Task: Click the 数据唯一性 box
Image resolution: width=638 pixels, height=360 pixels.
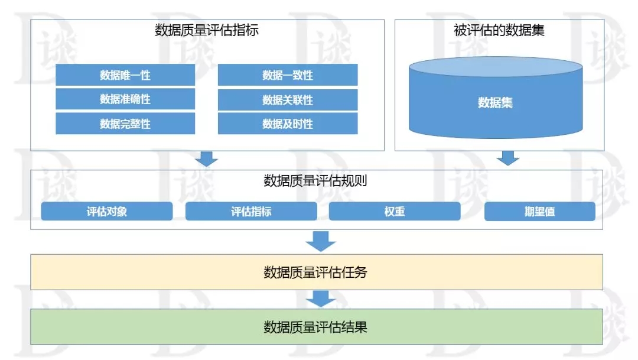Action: point(125,75)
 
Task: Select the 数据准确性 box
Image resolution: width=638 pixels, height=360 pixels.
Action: point(125,99)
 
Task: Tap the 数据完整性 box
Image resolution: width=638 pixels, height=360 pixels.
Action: point(125,124)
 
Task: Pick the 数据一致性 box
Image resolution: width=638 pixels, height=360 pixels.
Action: point(288,75)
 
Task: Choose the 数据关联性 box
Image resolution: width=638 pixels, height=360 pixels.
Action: point(288,100)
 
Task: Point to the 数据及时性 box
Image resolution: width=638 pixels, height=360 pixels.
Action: point(288,124)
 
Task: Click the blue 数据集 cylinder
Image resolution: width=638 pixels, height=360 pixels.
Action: point(496,98)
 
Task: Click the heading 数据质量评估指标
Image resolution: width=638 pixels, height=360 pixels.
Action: point(207,30)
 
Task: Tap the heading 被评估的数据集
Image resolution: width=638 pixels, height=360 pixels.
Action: point(499,30)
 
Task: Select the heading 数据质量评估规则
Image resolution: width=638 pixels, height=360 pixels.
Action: point(315,180)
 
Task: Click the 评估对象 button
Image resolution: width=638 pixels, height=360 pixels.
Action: point(106,212)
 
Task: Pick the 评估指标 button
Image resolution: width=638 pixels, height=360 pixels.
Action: point(251,212)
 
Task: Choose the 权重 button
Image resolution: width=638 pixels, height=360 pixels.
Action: point(395,212)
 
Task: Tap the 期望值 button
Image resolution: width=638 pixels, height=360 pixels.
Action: point(540,212)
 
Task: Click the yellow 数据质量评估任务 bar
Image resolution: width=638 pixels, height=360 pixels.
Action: point(317,272)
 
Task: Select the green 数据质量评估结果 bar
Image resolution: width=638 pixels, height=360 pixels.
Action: point(317,327)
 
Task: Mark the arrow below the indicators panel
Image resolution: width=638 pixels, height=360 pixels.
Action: point(206,159)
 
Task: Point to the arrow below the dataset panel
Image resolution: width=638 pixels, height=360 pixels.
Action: point(508,158)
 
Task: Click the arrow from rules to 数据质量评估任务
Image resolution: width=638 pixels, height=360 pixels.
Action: point(321,242)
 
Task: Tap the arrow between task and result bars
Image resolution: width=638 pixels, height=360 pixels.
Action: point(321,299)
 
